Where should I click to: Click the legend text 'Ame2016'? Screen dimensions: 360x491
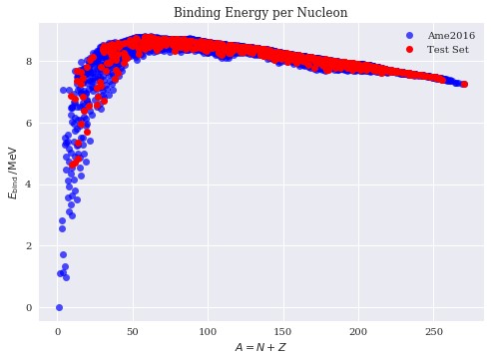pyautogui.click(x=453, y=35)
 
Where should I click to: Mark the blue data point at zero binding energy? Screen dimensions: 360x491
pyautogui.click(x=59, y=307)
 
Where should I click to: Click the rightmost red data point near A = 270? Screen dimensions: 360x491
pyautogui.click(x=464, y=85)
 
